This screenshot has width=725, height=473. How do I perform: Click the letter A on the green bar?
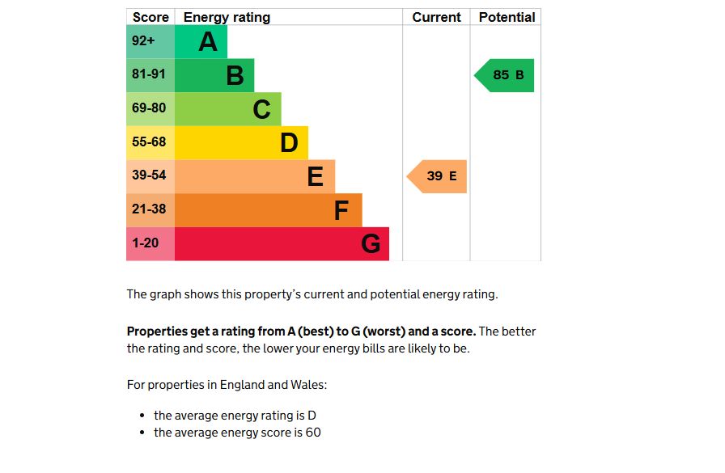pyautogui.click(x=208, y=42)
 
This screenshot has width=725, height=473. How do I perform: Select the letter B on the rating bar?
pyautogui.click(x=235, y=76)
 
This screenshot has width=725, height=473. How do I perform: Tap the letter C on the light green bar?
pyautogui.click(x=261, y=109)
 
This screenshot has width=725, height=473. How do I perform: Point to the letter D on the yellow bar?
pyautogui.click(x=289, y=143)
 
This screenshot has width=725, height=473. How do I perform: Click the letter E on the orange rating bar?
pyautogui.click(x=316, y=176)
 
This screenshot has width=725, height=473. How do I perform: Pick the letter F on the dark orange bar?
pyautogui.click(x=341, y=210)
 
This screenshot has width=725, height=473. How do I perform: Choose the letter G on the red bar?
pyautogui.click(x=371, y=243)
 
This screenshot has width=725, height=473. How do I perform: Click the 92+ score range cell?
pyautogui.click(x=151, y=41)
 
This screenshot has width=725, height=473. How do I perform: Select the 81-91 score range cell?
pyautogui.click(x=151, y=75)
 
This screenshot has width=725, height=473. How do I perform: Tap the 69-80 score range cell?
pyautogui.click(x=151, y=108)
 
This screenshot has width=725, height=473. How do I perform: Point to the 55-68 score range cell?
pyautogui.click(x=151, y=142)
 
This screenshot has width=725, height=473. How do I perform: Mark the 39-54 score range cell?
pyautogui.click(x=151, y=175)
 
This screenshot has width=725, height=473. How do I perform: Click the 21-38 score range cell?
pyautogui.click(x=151, y=209)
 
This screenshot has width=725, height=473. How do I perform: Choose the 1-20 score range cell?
pyautogui.click(x=151, y=243)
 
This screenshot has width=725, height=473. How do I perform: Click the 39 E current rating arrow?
pyautogui.click(x=439, y=176)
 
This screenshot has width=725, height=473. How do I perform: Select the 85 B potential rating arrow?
pyautogui.click(x=506, y=75)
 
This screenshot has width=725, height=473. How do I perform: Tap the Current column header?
pyautogui.click(x=436, y=17)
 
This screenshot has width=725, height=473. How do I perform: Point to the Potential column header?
pyautogui.click(x=507, y=17)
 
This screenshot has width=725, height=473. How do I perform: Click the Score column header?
pyautogui.click(x=151, y=17)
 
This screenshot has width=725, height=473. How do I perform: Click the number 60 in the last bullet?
pyautogui.click(x=313, y=433)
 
